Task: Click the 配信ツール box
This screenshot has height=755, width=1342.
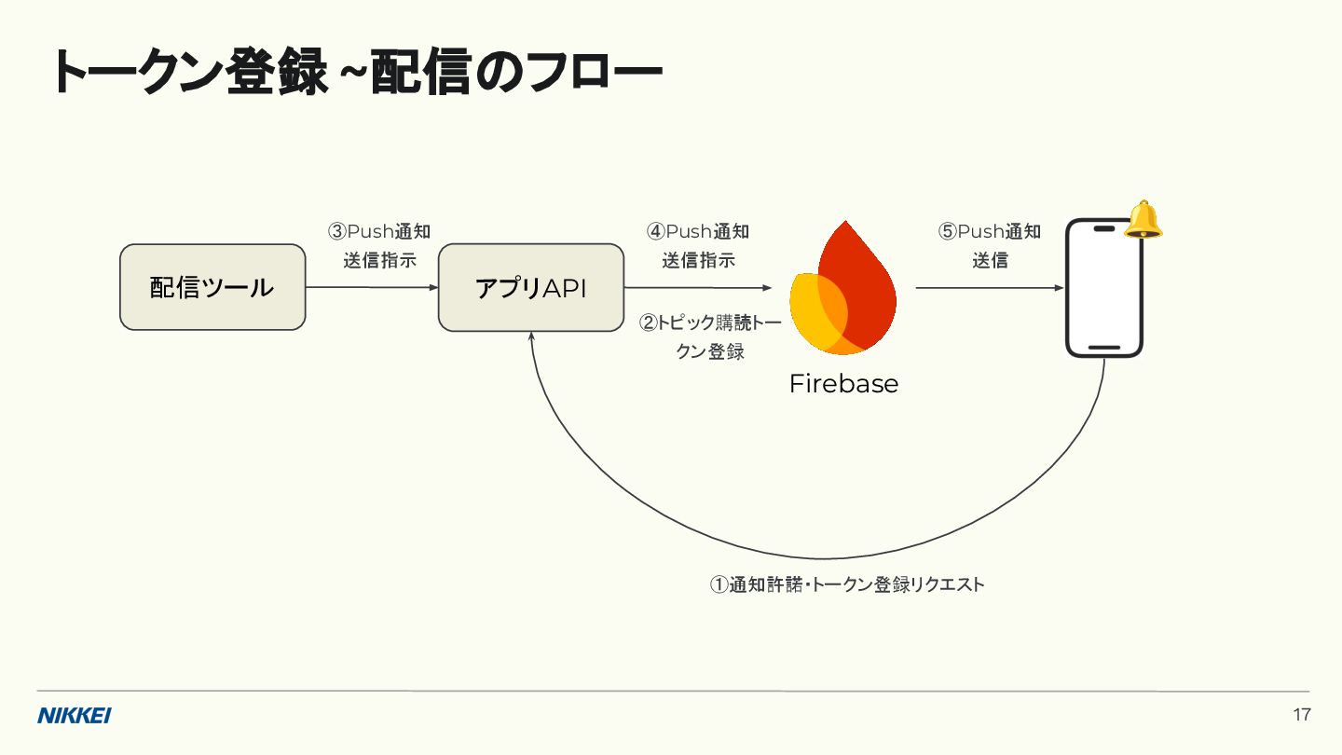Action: pos(212,287)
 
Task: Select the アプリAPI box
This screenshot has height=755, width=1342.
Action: pos(531,287)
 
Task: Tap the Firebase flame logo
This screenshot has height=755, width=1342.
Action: pos(842,289)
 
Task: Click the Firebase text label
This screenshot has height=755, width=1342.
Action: pos(843,384)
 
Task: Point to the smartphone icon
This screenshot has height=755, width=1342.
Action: pos(1104,287)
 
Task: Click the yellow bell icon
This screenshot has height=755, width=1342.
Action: pos(1143,221)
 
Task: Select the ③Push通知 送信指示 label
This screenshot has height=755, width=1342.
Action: pos(379,246)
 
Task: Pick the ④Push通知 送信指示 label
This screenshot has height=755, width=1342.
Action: pos(698,246)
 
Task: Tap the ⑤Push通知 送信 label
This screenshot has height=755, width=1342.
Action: pos(990,246)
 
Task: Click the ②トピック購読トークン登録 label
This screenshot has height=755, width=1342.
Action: pos(710,337)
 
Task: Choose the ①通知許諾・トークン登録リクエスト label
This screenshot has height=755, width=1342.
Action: pos(847,585)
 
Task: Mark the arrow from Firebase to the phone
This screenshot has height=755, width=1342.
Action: pos(988,288)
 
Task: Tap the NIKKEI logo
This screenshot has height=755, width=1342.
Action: pos(75,716)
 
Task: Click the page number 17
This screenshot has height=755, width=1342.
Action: pos(1302,716)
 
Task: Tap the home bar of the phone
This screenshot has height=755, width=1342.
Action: pos(1104,348)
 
